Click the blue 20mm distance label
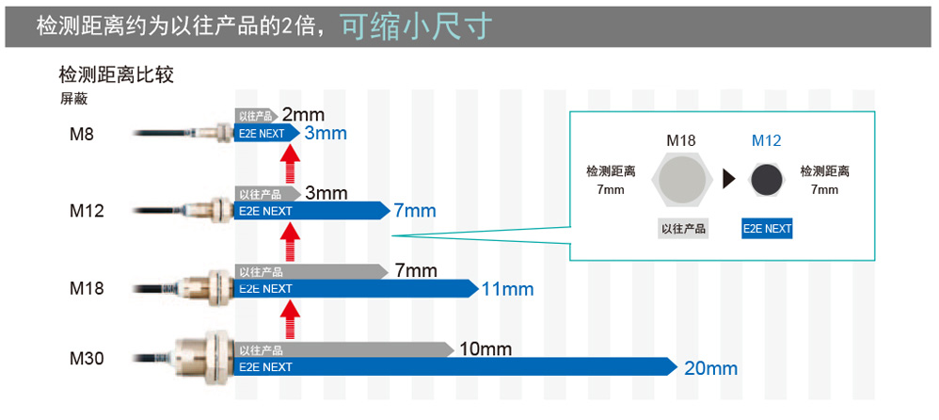[710, 368]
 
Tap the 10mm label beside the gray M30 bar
[485, 350]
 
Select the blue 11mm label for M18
[507, 289]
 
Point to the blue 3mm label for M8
[326, 134]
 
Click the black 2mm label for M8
[303, 115]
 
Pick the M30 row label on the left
[87, 359]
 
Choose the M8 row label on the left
[82, 135]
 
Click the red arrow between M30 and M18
[290, 317]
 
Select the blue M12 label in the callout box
[766, 141]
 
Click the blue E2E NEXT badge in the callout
[767, 228]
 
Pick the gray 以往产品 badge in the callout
[683, 228]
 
